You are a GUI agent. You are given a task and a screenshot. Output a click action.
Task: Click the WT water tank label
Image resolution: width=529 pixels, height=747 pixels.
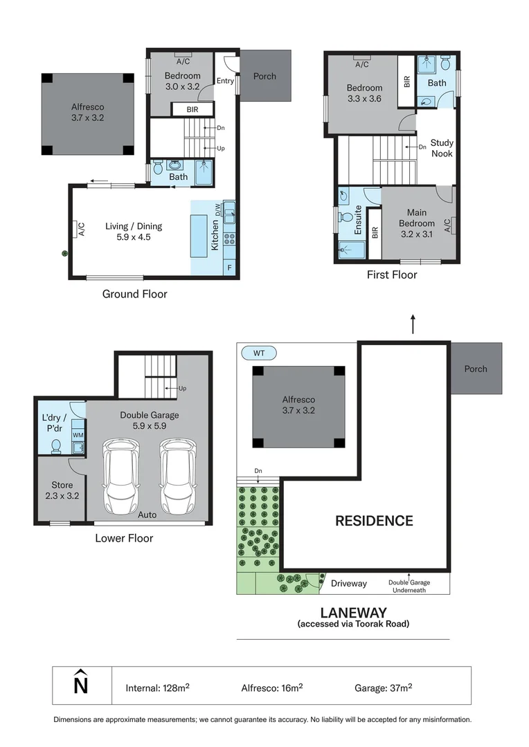[259, 353]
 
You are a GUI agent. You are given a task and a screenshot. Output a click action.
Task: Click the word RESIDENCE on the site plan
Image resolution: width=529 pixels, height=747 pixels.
[374, 521]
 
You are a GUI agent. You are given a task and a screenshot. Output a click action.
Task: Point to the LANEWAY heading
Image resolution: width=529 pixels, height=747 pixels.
[353, 612]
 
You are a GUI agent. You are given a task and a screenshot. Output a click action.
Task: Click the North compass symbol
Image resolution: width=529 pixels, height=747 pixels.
[81, 684]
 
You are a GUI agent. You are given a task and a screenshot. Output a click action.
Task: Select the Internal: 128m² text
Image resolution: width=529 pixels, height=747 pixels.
[158, 688]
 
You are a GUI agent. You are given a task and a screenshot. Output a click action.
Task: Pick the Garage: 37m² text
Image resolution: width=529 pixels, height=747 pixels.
[383, 688]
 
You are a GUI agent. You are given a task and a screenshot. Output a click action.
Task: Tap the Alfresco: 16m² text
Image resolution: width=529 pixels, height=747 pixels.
[271, 688]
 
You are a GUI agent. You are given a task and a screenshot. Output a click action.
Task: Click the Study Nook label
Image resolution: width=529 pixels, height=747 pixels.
[442, 148]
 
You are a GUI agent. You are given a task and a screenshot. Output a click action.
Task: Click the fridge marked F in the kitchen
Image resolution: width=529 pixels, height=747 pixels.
[228, 266]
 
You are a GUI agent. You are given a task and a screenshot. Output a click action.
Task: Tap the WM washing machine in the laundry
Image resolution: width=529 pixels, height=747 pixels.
[78, 435]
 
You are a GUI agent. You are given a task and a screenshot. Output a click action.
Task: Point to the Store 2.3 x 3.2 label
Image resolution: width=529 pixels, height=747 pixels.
[61, 490]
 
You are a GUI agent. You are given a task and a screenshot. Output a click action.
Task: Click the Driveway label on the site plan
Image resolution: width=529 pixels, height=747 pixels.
[348, 583]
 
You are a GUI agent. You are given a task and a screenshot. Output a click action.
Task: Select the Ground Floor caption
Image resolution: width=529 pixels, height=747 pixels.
[134, 294]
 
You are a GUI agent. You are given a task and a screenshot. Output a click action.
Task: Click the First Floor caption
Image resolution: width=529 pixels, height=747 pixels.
[392, 275]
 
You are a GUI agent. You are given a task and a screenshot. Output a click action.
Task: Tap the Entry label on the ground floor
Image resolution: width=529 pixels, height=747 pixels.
[225, 81]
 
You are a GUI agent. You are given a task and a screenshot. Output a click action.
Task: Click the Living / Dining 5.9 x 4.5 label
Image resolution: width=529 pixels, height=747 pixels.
[134, 231]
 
